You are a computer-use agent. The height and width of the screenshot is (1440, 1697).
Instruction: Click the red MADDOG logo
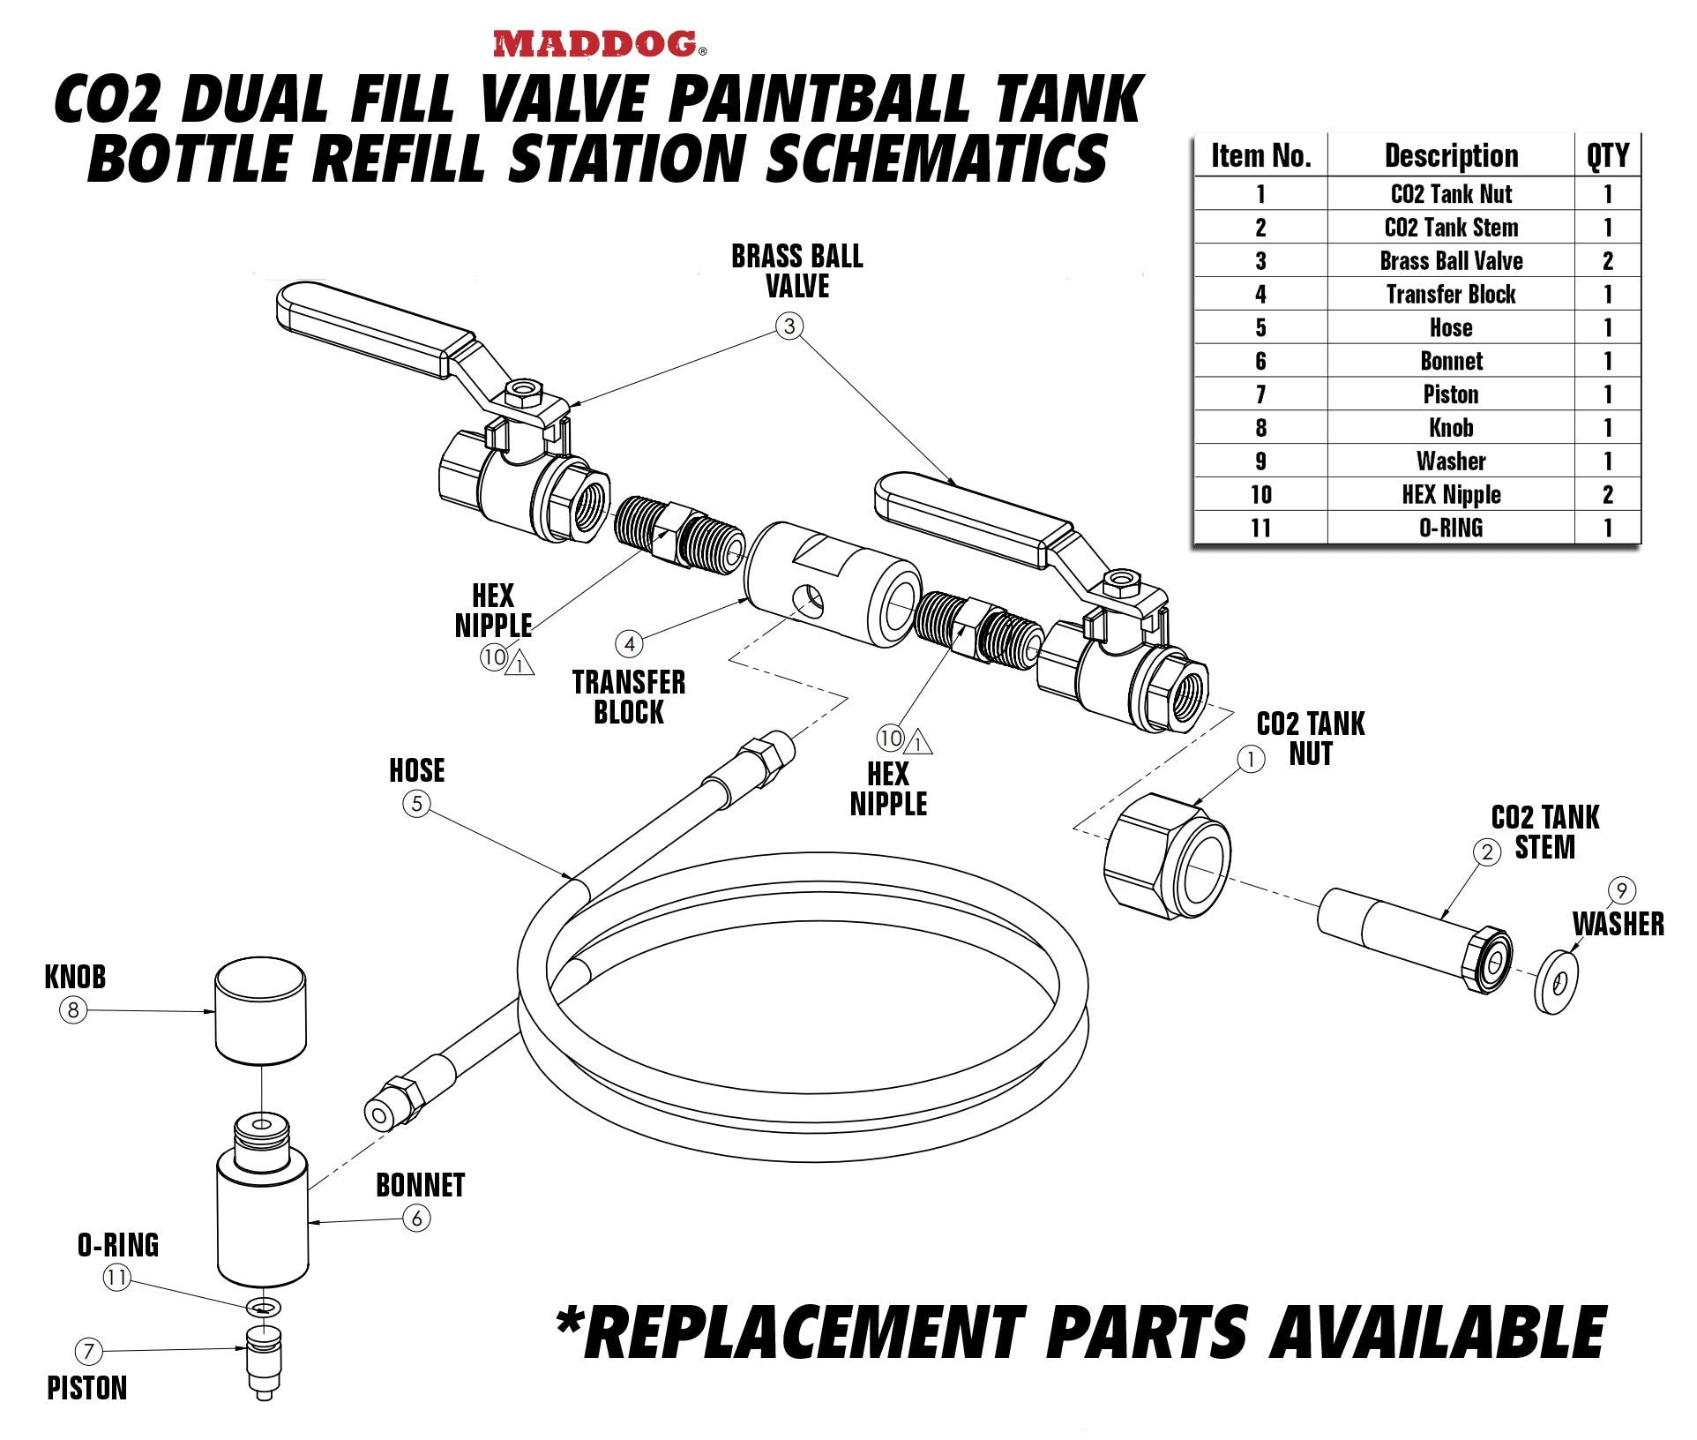(x=596, y=44)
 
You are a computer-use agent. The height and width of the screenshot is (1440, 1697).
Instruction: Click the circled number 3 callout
(x=789, y=326)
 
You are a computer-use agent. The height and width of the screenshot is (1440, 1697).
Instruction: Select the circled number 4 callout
(x=629, y=644)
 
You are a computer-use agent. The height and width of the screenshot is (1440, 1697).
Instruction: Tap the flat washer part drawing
(x=1556, y=982)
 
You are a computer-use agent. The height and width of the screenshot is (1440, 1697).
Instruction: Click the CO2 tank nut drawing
(x=1166, y=857)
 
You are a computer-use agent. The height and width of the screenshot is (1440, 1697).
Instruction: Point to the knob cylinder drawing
(x=261, y=1010)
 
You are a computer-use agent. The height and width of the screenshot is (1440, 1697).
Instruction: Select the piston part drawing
(x=264, y=1360)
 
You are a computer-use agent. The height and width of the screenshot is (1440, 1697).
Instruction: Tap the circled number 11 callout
(x=116, y=1277)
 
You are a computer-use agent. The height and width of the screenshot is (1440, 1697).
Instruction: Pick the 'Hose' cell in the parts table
(x=1451, y=327)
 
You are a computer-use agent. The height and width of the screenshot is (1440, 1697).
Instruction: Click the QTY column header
(x=1607, y=156)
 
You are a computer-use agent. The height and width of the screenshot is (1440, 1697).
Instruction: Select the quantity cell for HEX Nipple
(x=1607, y=495)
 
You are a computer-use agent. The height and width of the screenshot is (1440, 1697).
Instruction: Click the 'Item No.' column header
(x=1260, y=156)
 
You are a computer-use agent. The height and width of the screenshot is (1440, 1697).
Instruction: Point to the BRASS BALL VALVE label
(x=796, y=271)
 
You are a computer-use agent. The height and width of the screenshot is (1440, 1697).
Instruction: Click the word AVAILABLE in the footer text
(x=1438, y=1332)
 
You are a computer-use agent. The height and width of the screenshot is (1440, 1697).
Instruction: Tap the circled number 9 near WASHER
(x=1621, y=890)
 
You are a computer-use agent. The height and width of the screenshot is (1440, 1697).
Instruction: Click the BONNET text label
(x=420, y=1185)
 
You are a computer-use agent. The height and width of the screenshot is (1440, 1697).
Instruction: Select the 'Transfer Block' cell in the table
(x=1451, y=294)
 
